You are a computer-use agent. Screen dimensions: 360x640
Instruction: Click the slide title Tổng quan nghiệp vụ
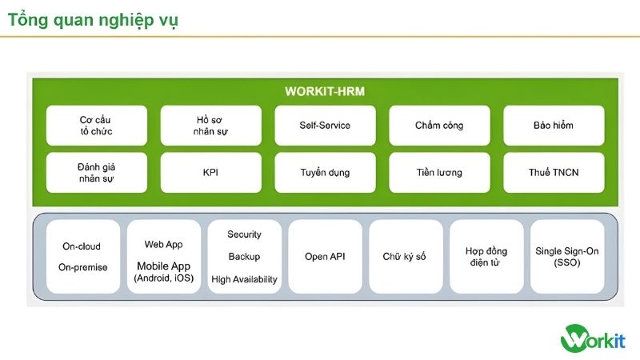tap(93, 20)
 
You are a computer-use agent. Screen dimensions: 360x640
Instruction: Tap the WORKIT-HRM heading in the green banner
tap(325, 91)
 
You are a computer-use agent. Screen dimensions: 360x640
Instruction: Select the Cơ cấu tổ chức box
tap(96, 126)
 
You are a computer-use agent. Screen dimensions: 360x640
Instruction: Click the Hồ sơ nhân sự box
tap(210, 126)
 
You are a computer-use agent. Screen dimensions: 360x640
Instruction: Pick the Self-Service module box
tap(325, 126)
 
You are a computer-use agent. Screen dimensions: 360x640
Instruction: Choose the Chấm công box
tap(439, 126)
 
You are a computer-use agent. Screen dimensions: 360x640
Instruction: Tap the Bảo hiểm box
tap(553, 126)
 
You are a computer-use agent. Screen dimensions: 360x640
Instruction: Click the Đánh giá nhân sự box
tap(96, 172)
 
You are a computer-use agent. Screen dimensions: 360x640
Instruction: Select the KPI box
tap(210, 172)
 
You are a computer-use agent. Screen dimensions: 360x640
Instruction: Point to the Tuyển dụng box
tap(325, 172)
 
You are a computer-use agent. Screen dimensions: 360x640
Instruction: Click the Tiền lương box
tap(439, 172)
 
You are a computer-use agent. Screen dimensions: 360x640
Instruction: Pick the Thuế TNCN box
tap(553, 172)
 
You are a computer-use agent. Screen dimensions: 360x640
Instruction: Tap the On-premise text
tap(82, 267)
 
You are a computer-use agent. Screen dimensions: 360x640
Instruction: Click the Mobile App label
tap(164, 266)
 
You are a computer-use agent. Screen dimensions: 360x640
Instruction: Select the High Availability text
tap(244, 279)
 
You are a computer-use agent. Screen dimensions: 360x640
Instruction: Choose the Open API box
tap(325, 257)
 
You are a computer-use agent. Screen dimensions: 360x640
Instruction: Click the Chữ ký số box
tap(405, 257)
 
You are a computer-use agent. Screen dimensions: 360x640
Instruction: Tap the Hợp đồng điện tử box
tap(486, 257)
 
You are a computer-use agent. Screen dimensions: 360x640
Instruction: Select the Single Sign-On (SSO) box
tap(566, 257)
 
